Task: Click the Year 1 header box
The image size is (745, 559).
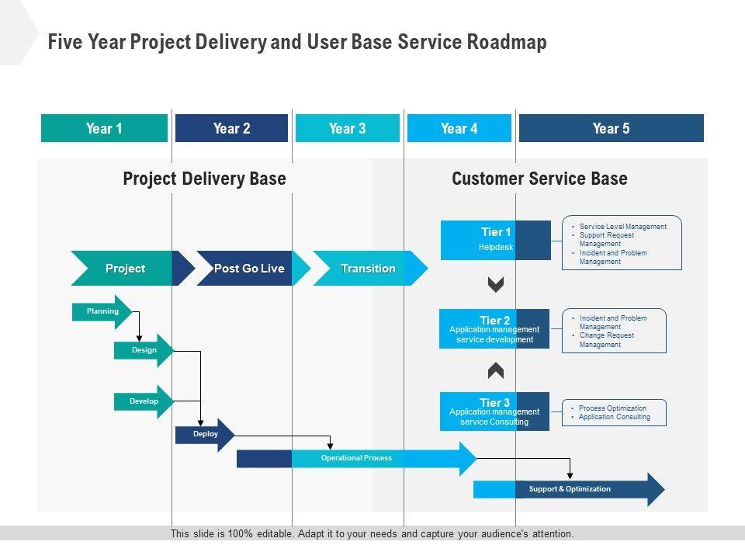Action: (x=104, y=128)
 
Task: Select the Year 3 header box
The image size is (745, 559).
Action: (x=347, y=128)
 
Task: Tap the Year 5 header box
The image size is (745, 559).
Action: (x=611, y=128)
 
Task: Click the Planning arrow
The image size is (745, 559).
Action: (x=102, y=311)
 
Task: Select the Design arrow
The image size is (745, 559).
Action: (x=144, y=350)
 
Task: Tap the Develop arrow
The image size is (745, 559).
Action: (x=144, y=401)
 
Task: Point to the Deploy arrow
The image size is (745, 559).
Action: (x=205, y=435)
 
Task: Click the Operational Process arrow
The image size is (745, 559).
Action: (x=356, y=458)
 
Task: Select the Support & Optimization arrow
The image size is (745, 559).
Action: (x=569, y=489)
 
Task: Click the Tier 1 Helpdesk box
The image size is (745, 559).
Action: (x=495, y=240)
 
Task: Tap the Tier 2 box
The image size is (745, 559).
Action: (x=494, y=329)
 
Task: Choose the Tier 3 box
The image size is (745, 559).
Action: (x=494, y=411)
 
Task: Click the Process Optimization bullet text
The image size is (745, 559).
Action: (x=612, y=408)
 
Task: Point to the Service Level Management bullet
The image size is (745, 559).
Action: (x=622, y=227)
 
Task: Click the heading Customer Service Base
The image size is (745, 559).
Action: (x=539, y=179)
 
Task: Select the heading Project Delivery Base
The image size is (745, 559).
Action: (x=205, y=179)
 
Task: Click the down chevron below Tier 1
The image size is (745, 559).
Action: (x=496, y=285)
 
